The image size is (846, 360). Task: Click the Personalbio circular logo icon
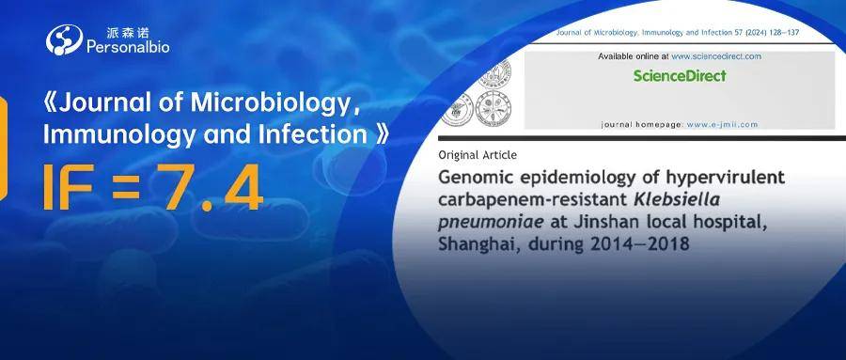click(x=64, y=39)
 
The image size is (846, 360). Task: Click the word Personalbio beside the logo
click(x=128, y=48)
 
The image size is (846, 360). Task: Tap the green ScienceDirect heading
click(x=680, y=75)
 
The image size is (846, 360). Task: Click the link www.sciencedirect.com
click(x=716, y=56)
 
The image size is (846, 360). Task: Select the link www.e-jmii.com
click(x=722, y=125)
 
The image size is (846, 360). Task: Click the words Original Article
click(x=478, y=155)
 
